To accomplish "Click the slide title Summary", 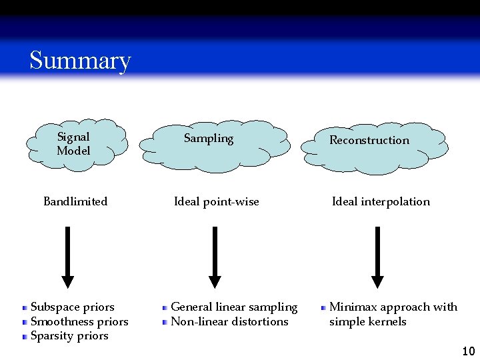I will coord(80,60).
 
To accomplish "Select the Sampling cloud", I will coord(213,143).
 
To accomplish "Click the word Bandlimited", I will coord(75,201).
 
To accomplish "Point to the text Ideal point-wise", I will coord(216,201).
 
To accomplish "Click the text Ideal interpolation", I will coord(381,201).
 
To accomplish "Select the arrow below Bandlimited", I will coord(67,257).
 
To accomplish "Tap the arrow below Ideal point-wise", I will coord(215,257).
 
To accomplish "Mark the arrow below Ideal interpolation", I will coord(377,257).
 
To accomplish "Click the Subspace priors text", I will coord(72,307).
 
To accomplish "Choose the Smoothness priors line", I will coord(79,321).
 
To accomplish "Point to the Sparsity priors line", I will coord(69,335).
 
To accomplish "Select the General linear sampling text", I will coord(234,307).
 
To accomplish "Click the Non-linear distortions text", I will coord(229,321).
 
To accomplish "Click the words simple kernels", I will coord(367,321).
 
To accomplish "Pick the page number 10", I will coord(468,351).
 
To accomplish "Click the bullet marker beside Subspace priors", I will coord(25,308).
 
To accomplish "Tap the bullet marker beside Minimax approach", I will coord(323,308).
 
